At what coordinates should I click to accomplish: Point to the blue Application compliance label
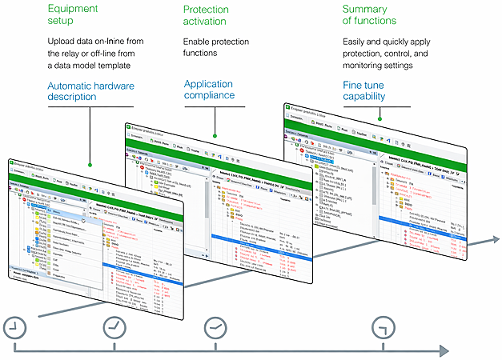pos(209,89)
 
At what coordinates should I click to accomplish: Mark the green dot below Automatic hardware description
pos(90,166)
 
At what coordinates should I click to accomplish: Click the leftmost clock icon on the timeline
pos(14,327)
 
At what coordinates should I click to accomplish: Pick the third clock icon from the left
pos(215,327)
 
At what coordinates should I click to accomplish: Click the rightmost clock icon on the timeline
pos(384,327)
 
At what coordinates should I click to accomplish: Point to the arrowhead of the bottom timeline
pos(443,350)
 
